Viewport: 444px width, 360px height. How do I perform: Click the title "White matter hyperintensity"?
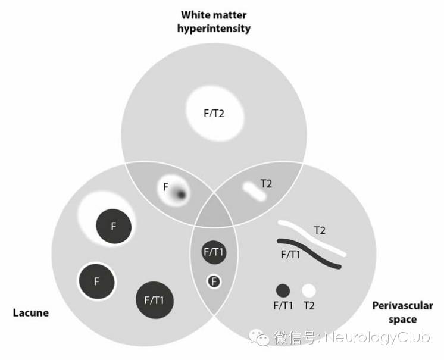(x=215, y=20)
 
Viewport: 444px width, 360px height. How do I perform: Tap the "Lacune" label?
(x=30, y=312)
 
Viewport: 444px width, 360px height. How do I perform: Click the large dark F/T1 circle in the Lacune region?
(x=154, y=300)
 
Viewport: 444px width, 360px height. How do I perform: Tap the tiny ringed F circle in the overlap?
(x=214, y=281)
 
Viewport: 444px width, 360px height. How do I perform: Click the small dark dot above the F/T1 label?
(x=283, y=291)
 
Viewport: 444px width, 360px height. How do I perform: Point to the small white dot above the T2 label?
(x=309, y=291)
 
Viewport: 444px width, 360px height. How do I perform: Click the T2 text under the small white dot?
(x=309, y=306)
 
